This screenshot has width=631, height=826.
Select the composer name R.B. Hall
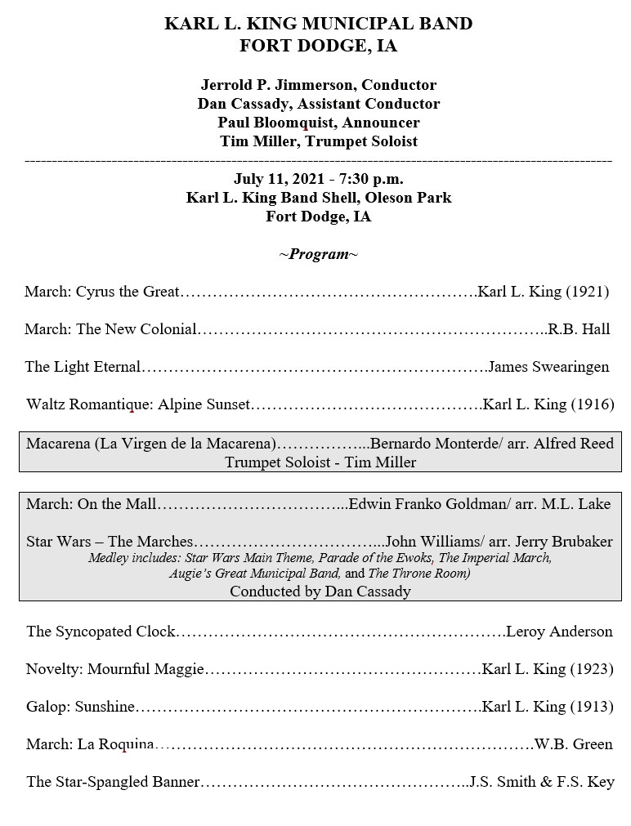[x=579, y=329]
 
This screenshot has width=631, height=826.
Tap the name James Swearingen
[x=548, y=367]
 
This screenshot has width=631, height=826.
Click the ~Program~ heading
[x=318, y=254]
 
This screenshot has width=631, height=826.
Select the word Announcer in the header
[x=379, y=123]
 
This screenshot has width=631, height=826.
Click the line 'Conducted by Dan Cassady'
[x=320, y=592]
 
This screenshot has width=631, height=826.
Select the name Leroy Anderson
[x=559, y=631]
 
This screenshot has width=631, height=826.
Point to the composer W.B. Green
[x=573, y=744]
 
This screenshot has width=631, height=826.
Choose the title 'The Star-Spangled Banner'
[x=113, y=782]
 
